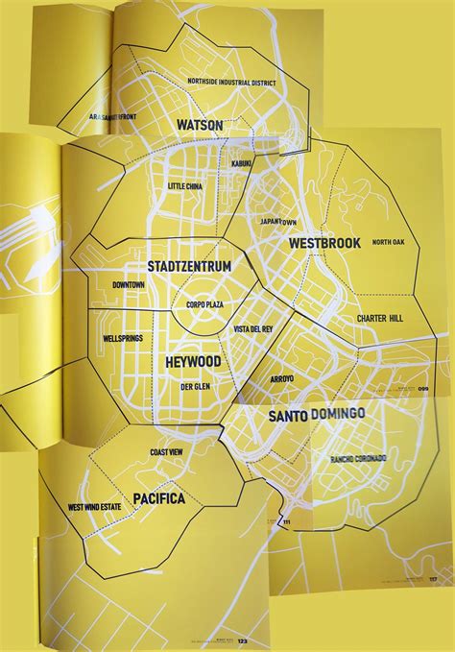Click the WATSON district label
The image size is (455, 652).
(200, 125)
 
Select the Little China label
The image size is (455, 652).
(185, 185)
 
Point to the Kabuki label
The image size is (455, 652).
(241, 164)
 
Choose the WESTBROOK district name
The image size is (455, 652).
(324, 243)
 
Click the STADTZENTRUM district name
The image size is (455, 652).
(189, 266)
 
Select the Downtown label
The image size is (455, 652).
(128, 285)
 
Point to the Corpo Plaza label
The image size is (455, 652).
(204, 304)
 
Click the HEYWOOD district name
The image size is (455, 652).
(186, 361)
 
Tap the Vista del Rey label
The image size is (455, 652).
(254, 329)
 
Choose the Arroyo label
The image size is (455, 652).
(281, 378)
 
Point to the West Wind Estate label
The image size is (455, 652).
(99, 507)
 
